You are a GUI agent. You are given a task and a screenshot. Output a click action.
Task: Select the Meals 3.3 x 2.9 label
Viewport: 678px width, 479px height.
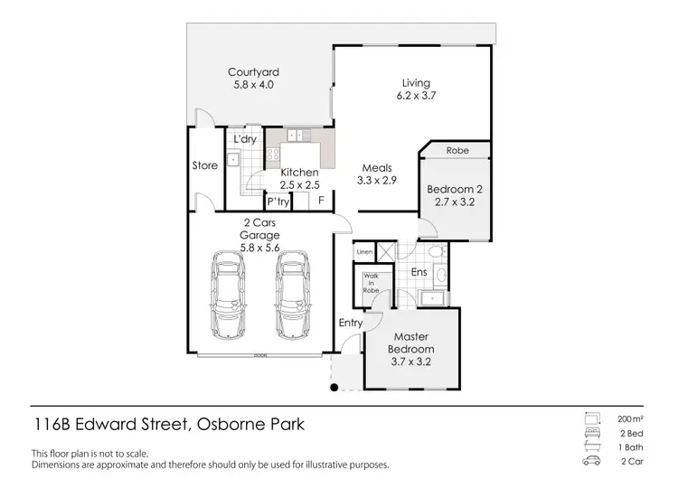tap(376, 174)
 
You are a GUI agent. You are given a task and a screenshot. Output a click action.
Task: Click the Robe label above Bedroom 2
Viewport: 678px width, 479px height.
tap(457, 151)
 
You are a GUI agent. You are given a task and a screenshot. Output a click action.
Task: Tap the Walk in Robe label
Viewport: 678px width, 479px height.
tap(371, 284)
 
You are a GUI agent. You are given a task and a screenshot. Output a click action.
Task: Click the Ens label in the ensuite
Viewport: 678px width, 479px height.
tap(419, 271)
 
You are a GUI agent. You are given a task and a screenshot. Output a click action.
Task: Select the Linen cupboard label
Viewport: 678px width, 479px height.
tap(364, 251)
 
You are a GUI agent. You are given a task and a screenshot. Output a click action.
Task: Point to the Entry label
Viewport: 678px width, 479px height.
tap(350, 323)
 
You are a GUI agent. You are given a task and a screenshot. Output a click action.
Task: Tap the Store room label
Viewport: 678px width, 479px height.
tap(204, 165)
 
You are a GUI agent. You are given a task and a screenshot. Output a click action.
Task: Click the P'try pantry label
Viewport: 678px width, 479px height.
tap(278, 202)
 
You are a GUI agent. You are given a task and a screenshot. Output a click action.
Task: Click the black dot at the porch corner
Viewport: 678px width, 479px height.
tap(334, 388)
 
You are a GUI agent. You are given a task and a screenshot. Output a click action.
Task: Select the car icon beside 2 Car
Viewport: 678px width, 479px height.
tap(593, 461)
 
